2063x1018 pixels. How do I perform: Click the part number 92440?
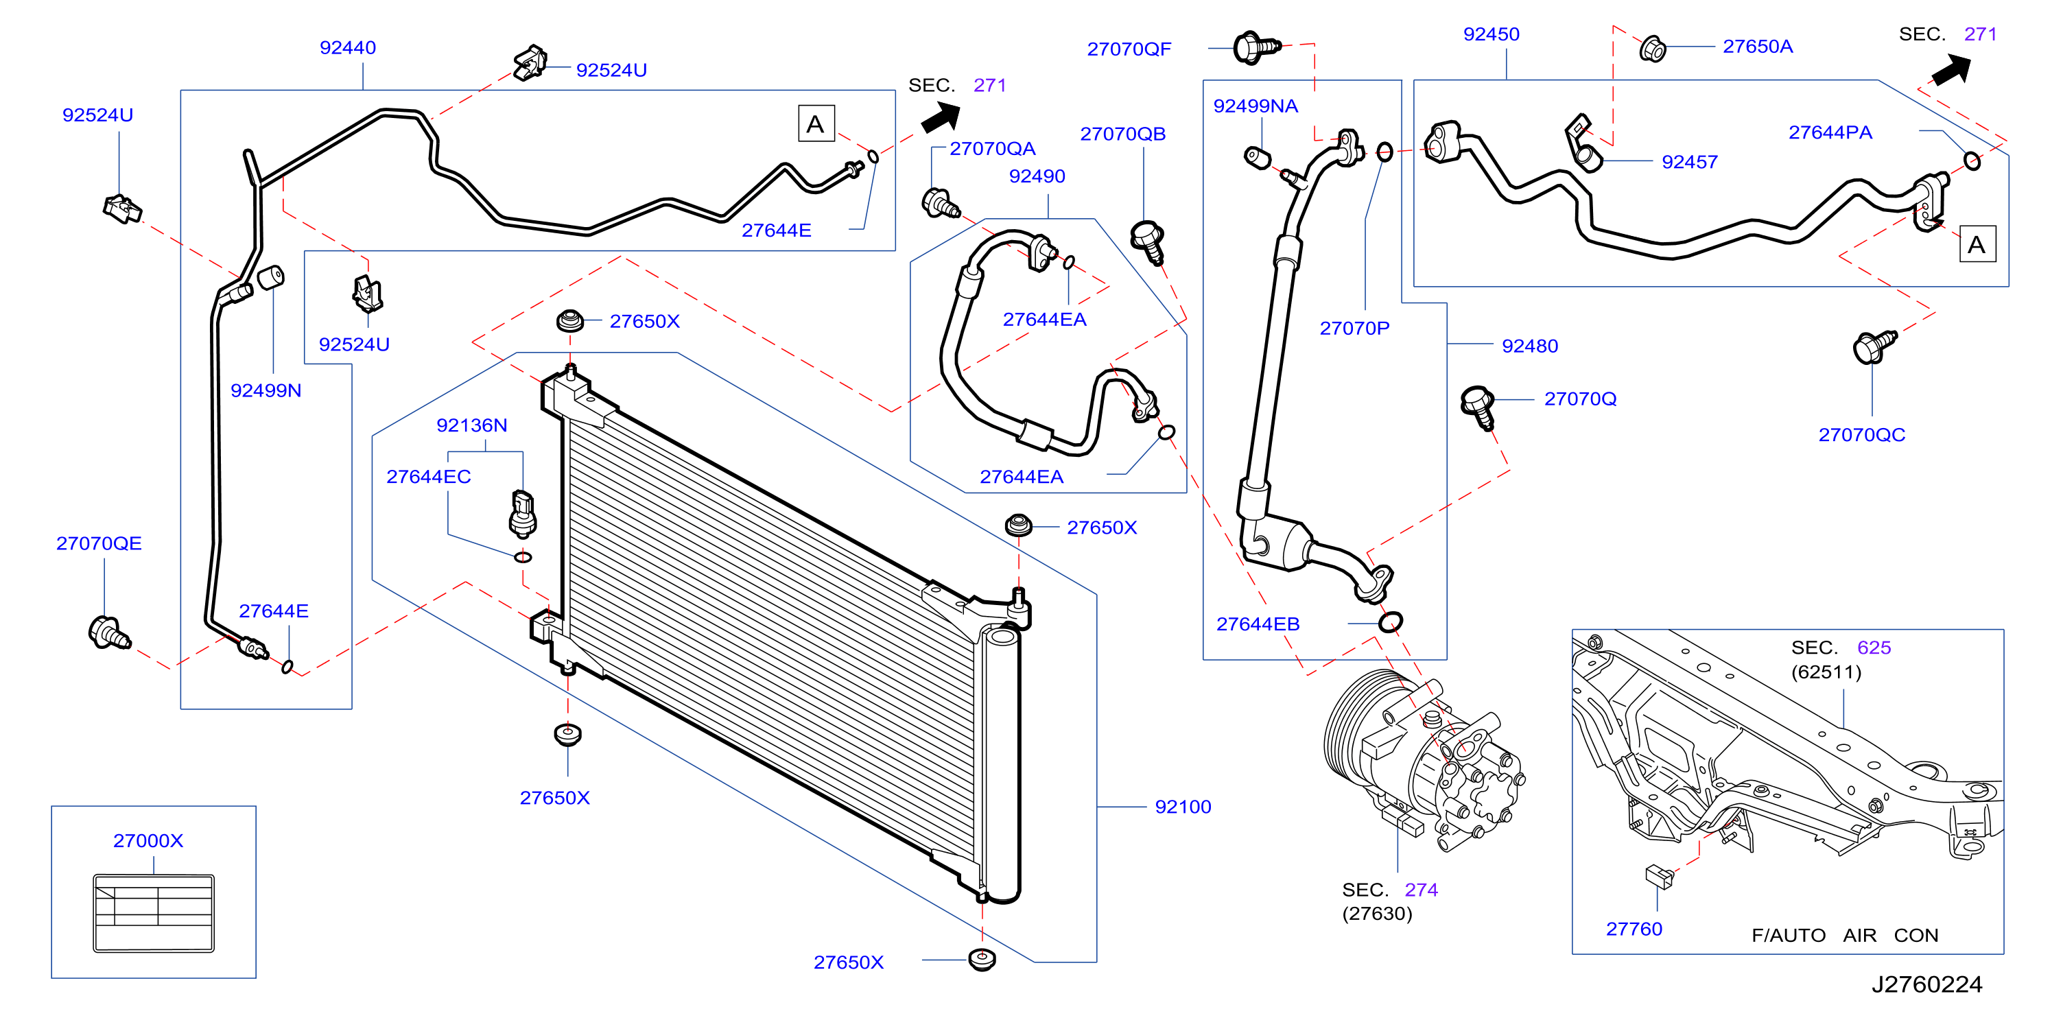click(348, 47)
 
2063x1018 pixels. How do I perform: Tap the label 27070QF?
click(1129, 49)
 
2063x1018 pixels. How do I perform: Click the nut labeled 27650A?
click(1652, 49)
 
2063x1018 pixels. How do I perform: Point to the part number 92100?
click(1183, 807)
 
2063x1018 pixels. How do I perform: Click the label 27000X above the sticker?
click(148, 840)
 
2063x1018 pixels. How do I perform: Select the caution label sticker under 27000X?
click(154, 913)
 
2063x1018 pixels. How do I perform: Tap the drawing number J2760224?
click(1927, 984)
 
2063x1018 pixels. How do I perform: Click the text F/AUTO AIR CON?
click(1845, 935)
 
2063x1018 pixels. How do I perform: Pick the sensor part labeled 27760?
click(1660, 876)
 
